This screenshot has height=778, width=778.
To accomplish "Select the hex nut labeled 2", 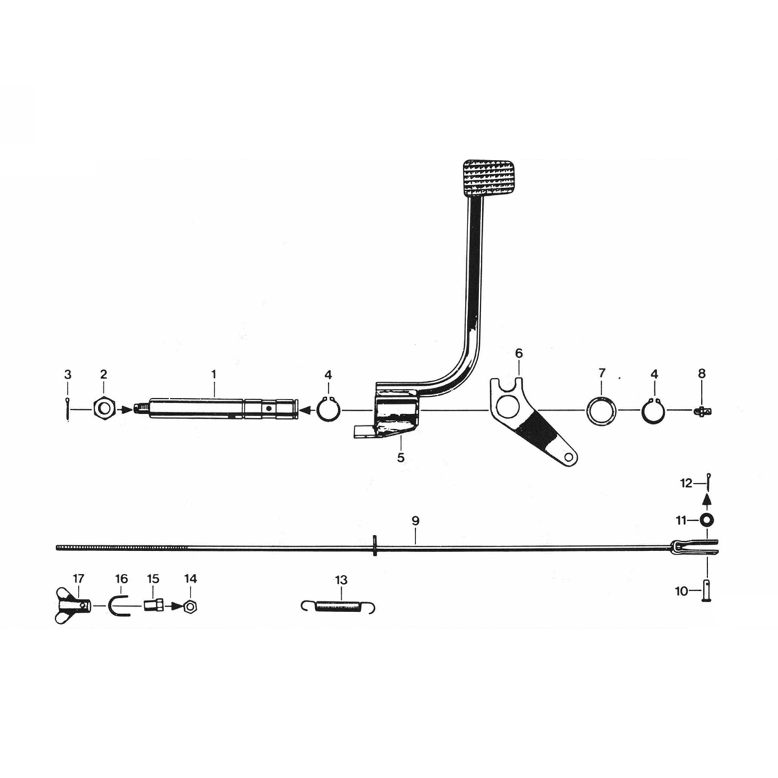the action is pos(104,409).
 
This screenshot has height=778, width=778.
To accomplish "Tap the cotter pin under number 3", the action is pos(67,408).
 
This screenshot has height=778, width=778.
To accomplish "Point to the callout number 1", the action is pos(213,374).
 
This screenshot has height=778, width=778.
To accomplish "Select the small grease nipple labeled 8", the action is pos(703,411).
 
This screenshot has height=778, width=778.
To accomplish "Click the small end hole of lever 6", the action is pos(569,456).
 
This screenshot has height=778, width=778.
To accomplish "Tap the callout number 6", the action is pos(519,353).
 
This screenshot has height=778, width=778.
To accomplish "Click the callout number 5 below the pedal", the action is pos(401,458).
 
